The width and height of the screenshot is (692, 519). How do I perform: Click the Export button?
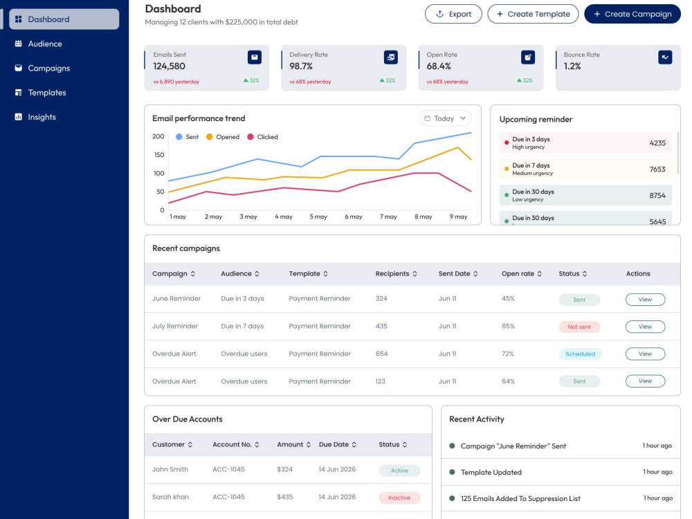point(453,14)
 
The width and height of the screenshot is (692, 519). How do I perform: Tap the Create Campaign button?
point(632,14)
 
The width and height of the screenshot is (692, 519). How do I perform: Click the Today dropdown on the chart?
point(445,118)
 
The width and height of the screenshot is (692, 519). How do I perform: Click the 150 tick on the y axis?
point(159,155)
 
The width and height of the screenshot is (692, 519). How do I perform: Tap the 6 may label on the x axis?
point(354,217)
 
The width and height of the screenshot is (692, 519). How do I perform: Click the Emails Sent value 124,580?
point(169,66)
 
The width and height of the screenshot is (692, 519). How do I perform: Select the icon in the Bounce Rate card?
point(665,57)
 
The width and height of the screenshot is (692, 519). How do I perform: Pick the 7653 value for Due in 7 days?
point(657,170)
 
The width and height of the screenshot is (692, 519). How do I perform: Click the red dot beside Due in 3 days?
point(507,143)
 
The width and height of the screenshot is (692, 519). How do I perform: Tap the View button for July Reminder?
point(645,327)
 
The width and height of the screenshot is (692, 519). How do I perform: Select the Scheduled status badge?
point(580,354)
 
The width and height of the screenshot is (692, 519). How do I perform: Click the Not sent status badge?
point(579,327)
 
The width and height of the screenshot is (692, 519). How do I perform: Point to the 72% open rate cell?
point(507,354)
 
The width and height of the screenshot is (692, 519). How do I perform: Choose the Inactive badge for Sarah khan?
point(399,498)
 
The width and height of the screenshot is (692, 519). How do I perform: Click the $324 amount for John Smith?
point(284,470)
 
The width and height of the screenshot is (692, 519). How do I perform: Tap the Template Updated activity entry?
point(491,472)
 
